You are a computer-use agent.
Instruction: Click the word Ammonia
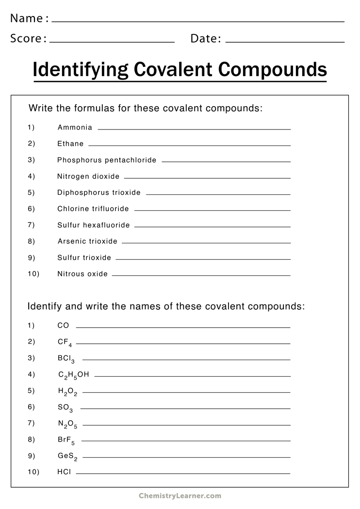(75, 127)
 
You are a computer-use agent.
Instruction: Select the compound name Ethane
(70, 143)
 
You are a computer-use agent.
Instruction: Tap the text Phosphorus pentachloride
(107, 160)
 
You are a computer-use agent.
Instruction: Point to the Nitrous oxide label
(82, 274)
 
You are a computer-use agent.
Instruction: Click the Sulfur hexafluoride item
(94, 225)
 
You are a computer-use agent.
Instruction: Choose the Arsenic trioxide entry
(87, 241)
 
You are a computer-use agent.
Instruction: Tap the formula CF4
(65, 342)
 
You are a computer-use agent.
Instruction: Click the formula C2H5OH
(73, 375)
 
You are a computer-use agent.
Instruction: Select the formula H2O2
(67, 392)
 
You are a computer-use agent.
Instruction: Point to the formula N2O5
(67, 424)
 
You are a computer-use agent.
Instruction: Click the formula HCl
(64, 471)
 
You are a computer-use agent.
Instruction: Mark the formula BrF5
(66, 440)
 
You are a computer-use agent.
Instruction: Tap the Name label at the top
(27, 18)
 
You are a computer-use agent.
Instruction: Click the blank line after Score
(112, 42)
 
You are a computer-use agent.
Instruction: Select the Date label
(206, 38)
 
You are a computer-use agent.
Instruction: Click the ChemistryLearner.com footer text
(180, 496)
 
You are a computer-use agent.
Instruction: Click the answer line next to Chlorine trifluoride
(212, 210)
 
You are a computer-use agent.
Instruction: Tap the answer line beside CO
(183, 328)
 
